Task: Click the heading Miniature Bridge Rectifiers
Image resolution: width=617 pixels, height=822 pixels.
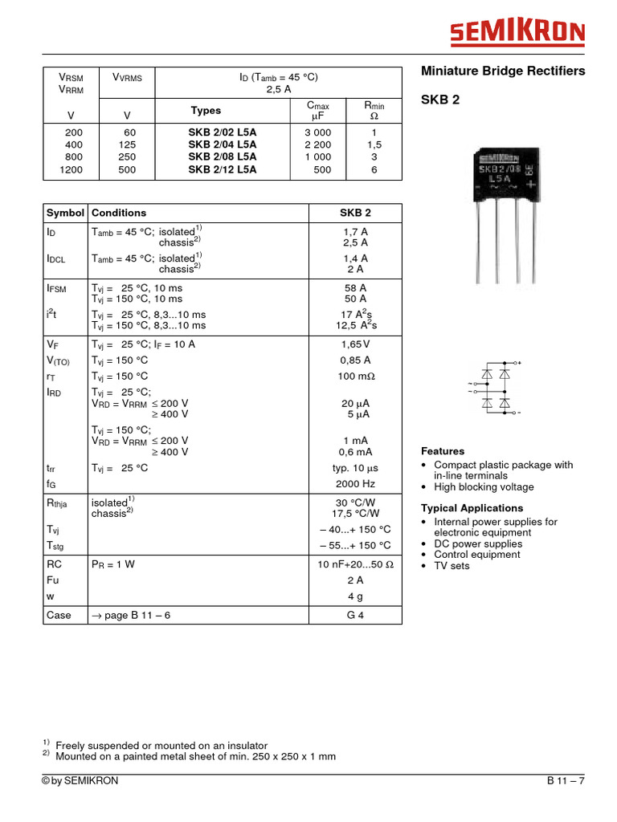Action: (503, 71)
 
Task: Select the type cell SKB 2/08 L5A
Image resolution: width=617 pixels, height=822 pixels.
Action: (223, 157)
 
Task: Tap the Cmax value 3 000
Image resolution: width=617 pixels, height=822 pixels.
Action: (317, 132)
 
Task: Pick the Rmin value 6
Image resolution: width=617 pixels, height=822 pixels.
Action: (374, 170)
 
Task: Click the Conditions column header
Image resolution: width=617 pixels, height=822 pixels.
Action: (119, 213)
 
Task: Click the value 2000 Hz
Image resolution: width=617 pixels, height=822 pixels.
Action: (355, 484)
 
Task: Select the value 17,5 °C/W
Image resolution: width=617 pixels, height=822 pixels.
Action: (355, 514)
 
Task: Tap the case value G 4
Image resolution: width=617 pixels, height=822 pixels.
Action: (355, 615)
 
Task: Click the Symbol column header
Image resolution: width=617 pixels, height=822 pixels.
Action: (65, 213)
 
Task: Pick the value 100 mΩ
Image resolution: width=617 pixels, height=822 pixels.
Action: (356, 376)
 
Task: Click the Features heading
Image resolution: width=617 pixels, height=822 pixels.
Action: (443, 451)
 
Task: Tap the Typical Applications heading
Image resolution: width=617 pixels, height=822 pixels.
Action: (472, 508)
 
